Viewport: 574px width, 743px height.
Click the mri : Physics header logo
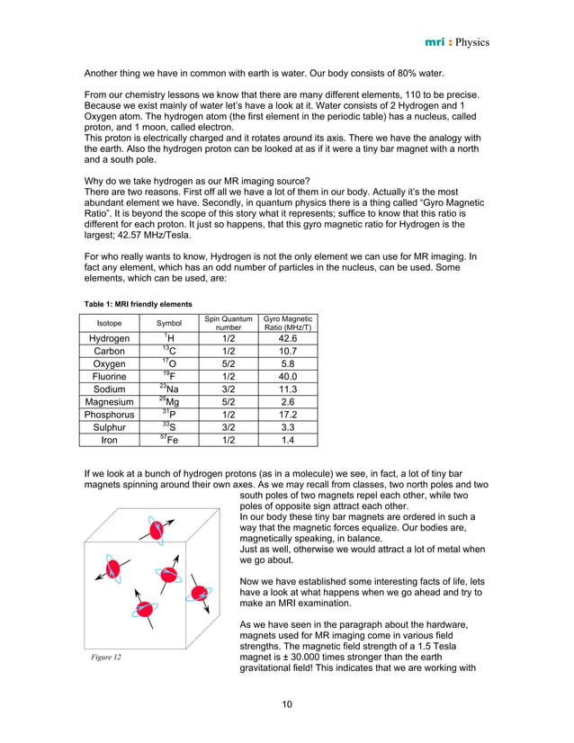click(456, 42)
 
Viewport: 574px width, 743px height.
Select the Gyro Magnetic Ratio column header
click(286, 322)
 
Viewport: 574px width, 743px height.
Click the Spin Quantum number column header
click(222, 322)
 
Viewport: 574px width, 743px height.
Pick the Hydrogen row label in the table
click(109, 338)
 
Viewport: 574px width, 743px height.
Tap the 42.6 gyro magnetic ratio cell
click(286, 338)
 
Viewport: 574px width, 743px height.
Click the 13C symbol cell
click(168, 351)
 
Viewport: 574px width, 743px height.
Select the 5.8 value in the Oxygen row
click(286, 363)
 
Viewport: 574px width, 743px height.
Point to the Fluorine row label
click(109, 377)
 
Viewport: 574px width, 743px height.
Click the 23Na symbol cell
click(168, 389)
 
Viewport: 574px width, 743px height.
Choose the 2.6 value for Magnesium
click(286, 402)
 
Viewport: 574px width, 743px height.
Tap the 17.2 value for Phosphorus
click(286, 415)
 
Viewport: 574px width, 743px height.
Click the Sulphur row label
click(109, 428)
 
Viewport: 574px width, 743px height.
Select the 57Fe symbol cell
click(168, 441)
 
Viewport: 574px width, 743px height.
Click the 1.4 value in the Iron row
click(286, 441)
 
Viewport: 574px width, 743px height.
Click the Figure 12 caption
click(106, 658)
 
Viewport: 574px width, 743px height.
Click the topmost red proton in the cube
click(158, 532)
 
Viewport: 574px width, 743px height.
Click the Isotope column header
click(109, 322)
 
